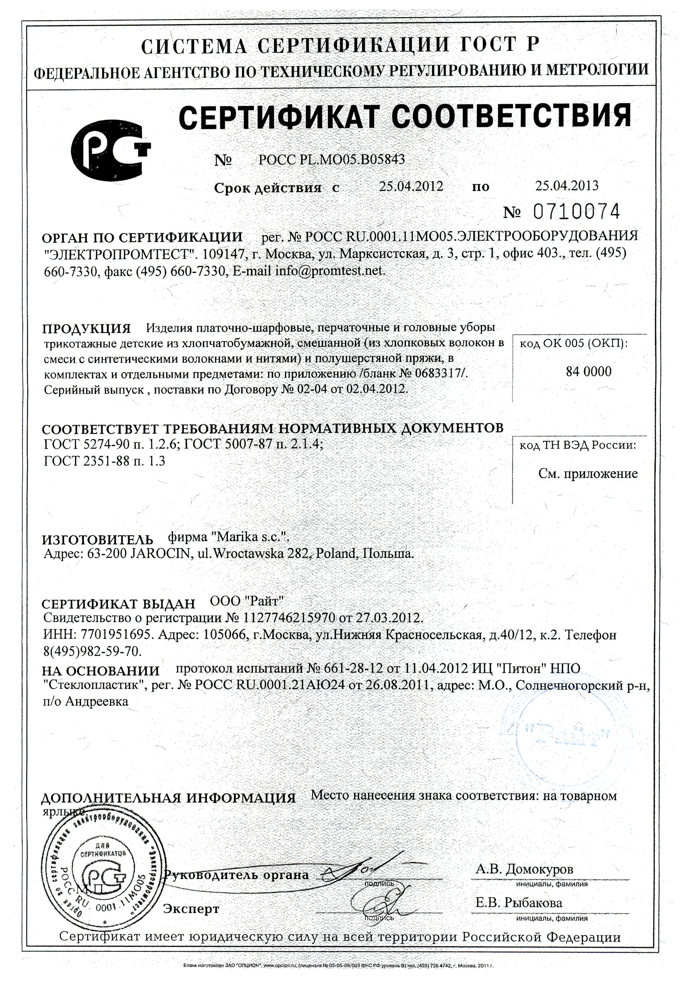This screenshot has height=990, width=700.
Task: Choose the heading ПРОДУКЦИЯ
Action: pos(86,329)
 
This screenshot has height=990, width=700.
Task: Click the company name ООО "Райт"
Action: pos(247,601)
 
